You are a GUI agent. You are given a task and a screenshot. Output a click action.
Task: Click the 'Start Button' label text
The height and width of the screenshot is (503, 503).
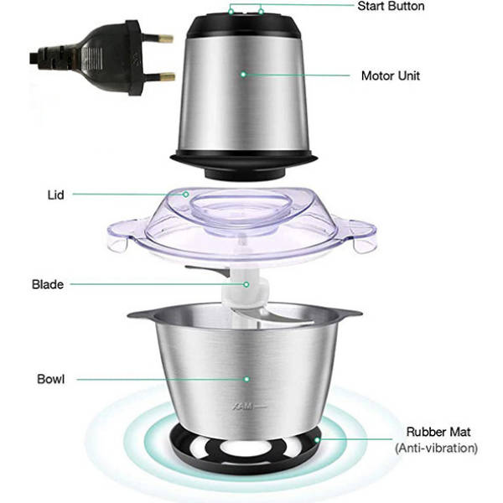click(391, 7)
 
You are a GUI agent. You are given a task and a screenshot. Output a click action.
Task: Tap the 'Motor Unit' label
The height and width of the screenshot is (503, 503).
click(390, 75)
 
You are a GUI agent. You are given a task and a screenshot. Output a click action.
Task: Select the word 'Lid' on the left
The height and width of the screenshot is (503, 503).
click(55, 194)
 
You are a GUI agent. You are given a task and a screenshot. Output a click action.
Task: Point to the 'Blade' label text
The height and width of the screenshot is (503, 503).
click(49, 285)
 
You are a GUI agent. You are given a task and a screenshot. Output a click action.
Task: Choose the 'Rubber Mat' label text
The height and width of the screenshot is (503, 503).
click(438, 433)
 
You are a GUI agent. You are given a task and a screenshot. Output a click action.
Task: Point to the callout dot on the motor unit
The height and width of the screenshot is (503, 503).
click(244, 75)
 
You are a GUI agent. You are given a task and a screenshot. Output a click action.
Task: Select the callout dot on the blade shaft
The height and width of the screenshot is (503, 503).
click(246, 284)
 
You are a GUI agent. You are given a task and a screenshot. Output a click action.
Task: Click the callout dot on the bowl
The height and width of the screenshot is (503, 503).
click(246, 379)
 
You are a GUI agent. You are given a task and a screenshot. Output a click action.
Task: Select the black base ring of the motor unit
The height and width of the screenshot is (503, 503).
click(243, 159)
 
